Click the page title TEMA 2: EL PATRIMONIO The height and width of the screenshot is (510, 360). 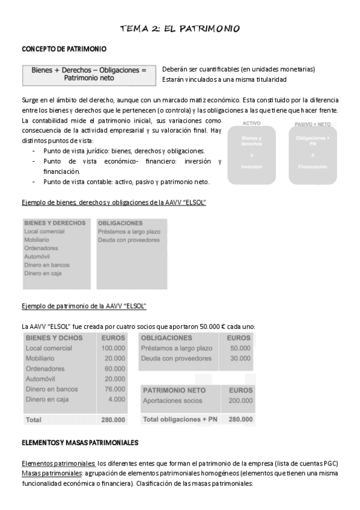(180, 28)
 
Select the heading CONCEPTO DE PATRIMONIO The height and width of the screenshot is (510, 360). (64, 49)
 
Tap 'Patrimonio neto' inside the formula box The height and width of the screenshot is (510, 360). (88, 78)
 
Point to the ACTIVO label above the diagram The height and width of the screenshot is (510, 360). (251, 123)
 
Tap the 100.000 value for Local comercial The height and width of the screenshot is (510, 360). (113, 348)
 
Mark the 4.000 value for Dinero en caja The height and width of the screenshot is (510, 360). (116, 399)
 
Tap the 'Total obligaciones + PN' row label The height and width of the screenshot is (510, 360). (180, 419)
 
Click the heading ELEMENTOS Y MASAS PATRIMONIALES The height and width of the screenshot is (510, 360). (80, 443)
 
